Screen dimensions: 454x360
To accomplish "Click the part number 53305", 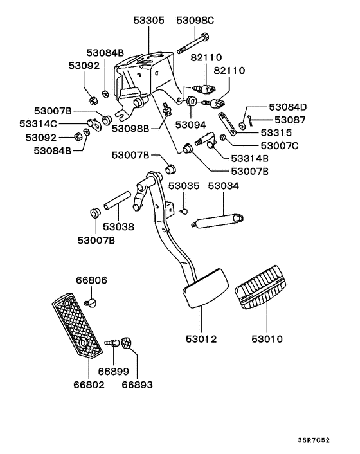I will click(148, 21).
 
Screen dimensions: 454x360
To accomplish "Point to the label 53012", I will click(201, 339).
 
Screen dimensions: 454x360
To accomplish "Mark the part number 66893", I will click(138, 385).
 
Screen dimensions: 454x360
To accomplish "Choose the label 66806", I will click(91, 280).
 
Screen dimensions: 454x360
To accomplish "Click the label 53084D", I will click(287, 107).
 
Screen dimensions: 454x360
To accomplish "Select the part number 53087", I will click(292, 120).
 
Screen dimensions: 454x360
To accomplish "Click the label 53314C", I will click(38, 123).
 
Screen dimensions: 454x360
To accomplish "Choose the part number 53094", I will click(190, 124).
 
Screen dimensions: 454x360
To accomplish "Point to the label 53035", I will click(184, 186).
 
